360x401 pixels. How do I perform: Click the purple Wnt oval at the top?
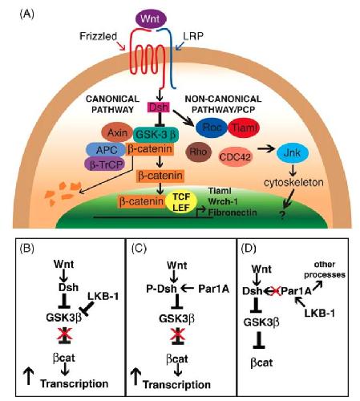point(151,18)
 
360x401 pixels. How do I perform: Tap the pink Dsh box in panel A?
point(159,107)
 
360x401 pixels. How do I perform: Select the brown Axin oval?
point(117,133)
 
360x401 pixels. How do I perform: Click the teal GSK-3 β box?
point(156,134)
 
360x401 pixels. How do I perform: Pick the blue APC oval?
point(106,150)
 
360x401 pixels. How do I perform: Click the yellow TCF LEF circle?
point(181,202)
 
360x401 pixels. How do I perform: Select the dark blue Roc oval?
point(212,128)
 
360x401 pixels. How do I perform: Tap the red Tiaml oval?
point(244,128)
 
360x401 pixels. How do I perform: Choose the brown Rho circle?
point(198,152)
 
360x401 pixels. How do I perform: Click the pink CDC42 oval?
point(235,156)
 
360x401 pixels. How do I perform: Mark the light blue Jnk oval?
point(292,153)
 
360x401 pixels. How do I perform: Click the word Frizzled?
point(98,36)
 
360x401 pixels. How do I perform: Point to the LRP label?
point(193,36)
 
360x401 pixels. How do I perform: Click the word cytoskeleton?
point(293,183)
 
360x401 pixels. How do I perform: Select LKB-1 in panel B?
point(103,296)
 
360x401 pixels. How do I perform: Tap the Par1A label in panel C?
point(213,289)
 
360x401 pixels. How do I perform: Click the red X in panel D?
point(274,291)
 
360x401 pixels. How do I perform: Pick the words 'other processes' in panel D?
point(325,269)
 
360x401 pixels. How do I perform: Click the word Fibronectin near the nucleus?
point(233,213)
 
